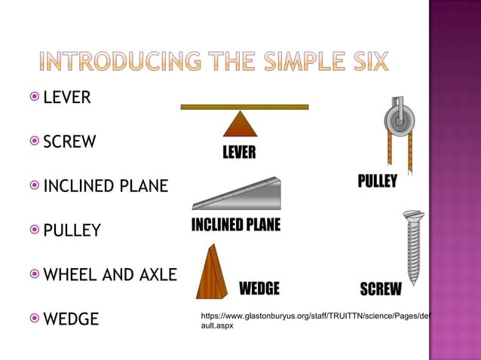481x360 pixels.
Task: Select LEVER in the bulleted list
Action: (67, 98)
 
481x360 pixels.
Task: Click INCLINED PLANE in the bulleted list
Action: (106, 186)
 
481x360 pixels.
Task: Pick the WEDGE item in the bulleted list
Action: (71, 319)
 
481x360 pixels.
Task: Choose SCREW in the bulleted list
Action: (69, 142)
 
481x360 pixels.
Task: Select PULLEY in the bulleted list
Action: (72, 230)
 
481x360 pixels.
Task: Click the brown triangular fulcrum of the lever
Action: (240, 124)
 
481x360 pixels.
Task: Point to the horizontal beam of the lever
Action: (244, 107)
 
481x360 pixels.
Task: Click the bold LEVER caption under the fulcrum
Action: (239, 154)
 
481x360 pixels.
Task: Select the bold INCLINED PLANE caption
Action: (235, 225)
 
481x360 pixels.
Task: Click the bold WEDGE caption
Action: (259, 289)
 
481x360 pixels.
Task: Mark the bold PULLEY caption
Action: (377, 183)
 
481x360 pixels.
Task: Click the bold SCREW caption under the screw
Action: (381, 290)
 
